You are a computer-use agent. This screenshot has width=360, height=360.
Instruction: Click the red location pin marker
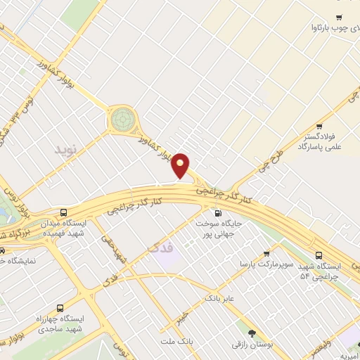(181, 165)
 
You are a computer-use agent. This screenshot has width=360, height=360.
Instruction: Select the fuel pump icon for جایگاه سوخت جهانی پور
(217, 213)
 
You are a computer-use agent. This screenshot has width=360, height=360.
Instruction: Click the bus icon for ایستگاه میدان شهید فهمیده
(64, 213)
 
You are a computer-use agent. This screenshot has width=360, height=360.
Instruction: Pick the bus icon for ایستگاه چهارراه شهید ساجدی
(60, 308)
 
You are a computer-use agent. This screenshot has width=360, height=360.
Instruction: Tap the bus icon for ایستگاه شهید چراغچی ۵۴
(319, 255)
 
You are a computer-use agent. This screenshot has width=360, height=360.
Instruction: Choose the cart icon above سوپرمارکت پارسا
(266, 253)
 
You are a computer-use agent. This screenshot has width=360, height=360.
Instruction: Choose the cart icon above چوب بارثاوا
(339, 18)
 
